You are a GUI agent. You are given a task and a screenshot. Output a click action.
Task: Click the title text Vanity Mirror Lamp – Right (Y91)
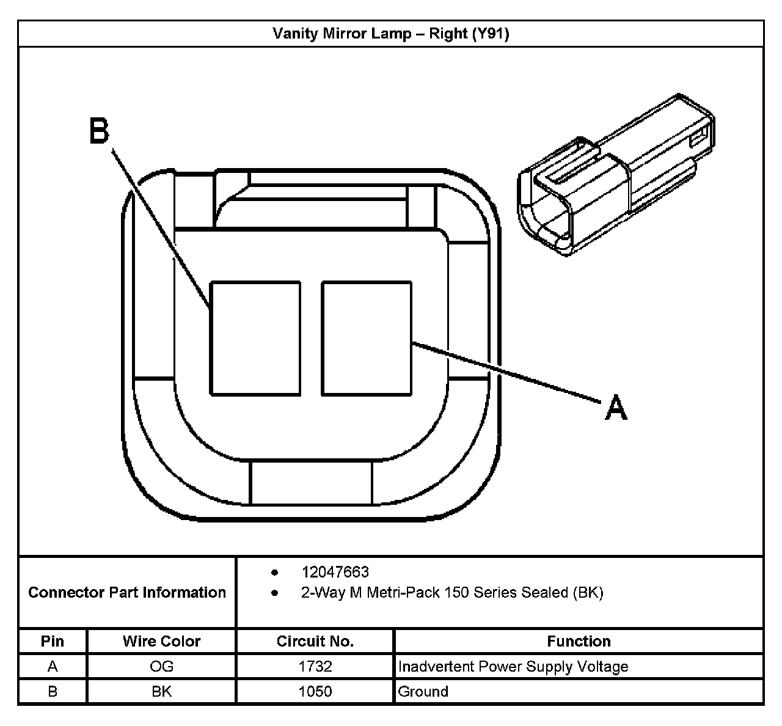point(390,33)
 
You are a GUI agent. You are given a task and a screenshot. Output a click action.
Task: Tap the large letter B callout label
point(99,131)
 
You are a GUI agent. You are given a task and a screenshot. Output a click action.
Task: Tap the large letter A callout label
point(616,407)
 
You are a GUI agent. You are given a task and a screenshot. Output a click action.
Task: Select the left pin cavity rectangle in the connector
point(255,338)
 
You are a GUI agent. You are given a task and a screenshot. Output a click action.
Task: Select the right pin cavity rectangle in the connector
point(367,338)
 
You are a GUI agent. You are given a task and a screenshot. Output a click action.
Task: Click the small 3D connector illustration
point(616,175)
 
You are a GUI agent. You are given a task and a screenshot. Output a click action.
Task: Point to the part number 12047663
point(335,572)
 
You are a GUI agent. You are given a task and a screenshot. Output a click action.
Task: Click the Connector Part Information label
point(127,592)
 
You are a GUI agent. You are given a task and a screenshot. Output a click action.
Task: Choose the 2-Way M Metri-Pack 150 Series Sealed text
point(452,592)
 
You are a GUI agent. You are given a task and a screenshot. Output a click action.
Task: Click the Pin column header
point(53,641)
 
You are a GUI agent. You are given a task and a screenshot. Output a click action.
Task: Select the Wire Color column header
point(161,641)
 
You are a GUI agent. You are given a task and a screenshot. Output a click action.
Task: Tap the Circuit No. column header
point(315,641)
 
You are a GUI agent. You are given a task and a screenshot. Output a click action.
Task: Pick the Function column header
point(579,641)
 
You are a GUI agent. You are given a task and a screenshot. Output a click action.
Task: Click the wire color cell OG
point(161,666)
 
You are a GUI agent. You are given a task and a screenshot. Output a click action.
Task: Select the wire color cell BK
point(161,691)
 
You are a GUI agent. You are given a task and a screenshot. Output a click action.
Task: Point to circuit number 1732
point(315,666)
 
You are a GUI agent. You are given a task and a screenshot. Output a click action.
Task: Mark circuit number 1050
point(315,691)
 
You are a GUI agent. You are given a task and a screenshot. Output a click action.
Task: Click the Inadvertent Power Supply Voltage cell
point(513,666)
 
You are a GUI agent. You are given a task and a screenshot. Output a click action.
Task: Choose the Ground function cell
point(423,691)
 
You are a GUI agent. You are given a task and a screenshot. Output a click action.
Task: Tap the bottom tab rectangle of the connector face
point(311,483)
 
